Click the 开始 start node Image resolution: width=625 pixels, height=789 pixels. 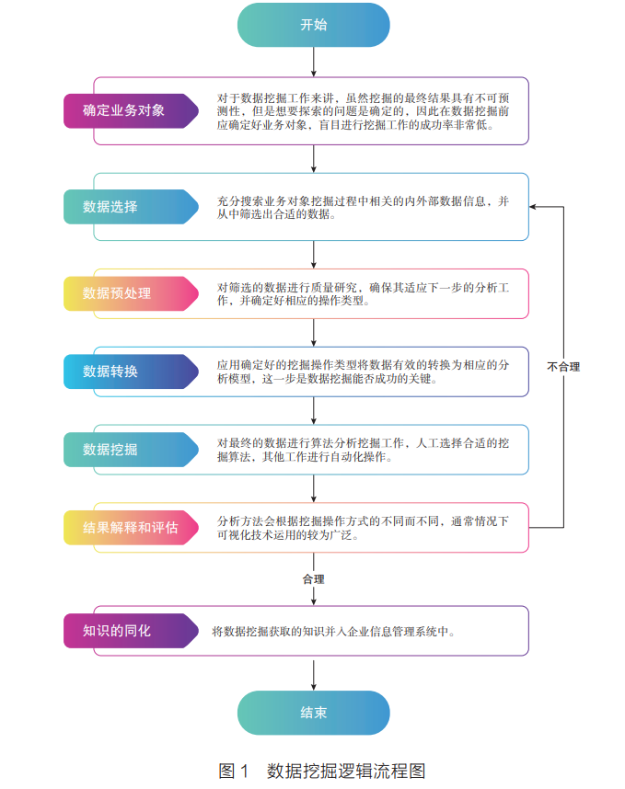click(313, 25)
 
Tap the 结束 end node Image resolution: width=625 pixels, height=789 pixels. click(313, 713)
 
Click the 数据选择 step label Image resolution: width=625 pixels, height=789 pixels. click(110, 207)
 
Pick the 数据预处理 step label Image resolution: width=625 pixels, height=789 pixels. click(117, 293)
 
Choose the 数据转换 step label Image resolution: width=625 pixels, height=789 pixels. click(110, 372)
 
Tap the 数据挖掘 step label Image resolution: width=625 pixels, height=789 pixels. click(110, 450)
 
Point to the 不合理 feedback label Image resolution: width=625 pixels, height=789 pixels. click(563, 367)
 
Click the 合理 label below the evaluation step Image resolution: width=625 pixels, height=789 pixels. click(314, 579)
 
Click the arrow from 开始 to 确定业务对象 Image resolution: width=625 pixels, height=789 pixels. click(314, 62)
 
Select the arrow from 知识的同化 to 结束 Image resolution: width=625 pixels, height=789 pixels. click(314, 673)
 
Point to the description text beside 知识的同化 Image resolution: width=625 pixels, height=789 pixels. click(333, 632)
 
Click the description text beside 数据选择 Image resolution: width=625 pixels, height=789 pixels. click(363, 208)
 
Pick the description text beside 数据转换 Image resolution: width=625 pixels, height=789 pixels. click(363, 372)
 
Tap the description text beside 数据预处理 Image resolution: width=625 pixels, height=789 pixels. click(363, 293)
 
